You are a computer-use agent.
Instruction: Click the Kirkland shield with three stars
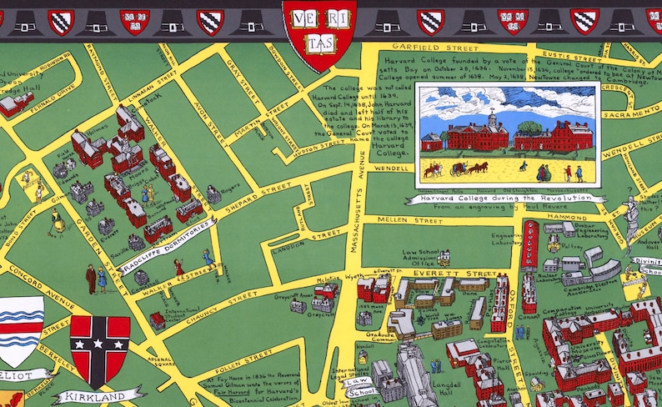100,349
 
